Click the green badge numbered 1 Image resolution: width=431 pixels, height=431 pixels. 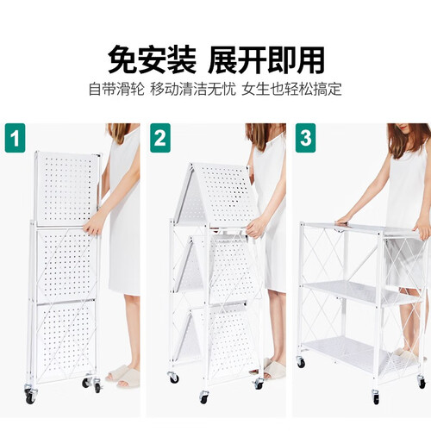16,138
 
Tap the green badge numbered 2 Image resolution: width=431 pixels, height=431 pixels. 160,138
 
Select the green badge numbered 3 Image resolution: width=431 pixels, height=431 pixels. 305,138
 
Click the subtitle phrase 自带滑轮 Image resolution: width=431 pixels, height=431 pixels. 116,89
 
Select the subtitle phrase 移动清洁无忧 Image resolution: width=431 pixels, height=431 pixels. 193,89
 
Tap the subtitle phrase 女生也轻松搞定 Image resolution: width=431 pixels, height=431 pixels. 292,89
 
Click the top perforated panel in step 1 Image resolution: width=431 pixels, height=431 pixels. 67,188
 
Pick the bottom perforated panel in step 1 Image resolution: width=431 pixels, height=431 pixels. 66,338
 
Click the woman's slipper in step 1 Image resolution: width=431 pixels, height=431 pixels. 122,375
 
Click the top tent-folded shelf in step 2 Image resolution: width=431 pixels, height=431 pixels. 214,195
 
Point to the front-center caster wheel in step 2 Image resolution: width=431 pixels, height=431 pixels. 204,397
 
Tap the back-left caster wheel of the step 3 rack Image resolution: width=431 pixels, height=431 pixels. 301,362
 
